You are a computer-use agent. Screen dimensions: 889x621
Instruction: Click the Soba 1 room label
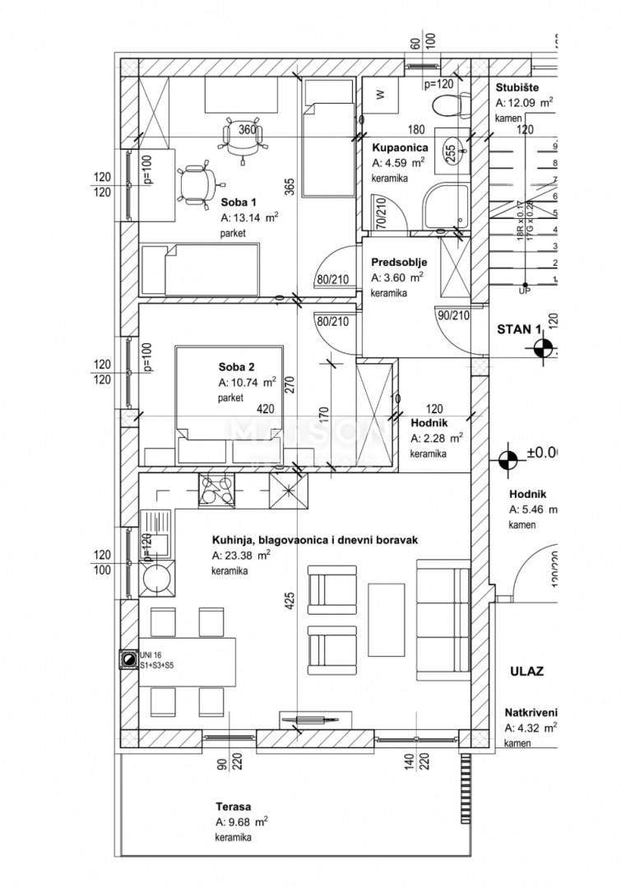[239, 202]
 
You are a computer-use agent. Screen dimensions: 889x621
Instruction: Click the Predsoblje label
[399, 263]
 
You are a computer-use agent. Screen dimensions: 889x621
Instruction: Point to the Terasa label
[234, 807]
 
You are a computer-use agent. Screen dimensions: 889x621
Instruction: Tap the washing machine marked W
[380, 95]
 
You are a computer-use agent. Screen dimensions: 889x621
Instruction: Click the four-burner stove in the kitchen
[216, 492]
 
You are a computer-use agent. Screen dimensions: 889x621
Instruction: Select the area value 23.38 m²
[241, 556]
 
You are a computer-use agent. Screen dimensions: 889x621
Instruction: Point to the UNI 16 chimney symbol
[128, 660]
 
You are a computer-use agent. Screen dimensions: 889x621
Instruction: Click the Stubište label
[517, 88]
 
